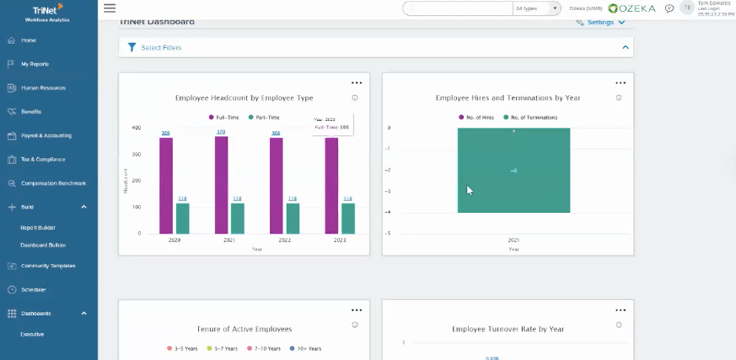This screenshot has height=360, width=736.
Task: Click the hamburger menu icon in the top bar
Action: click(x=109, y=8)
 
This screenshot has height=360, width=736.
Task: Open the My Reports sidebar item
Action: click(x=35, y=64)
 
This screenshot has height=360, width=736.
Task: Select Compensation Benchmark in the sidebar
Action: click(x=53, y=183)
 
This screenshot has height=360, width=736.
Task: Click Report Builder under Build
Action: click(x=38, y=227)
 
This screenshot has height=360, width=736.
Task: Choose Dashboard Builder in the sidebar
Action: click(x=42, y=244)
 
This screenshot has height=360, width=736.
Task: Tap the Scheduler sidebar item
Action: click(x=33, y=289)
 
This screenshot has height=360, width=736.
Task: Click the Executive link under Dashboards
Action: click(x=32, y=334)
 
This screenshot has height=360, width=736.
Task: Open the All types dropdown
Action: click(x=536, y=8)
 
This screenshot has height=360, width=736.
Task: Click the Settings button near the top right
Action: click(x=601, y=22)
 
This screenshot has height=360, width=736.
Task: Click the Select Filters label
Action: click(x=161, y=48)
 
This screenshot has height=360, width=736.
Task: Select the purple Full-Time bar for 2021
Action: click(x=221, y=185)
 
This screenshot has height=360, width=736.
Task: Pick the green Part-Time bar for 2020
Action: click(x=182, y=219)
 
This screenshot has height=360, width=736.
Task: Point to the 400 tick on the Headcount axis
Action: click(x=137, y=127)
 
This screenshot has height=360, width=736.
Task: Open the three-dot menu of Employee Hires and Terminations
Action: click(x=620, y=83)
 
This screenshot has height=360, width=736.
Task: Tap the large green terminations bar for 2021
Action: click(x=513, y=171)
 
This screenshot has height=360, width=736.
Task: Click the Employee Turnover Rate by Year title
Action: click(x=508, y=329)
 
